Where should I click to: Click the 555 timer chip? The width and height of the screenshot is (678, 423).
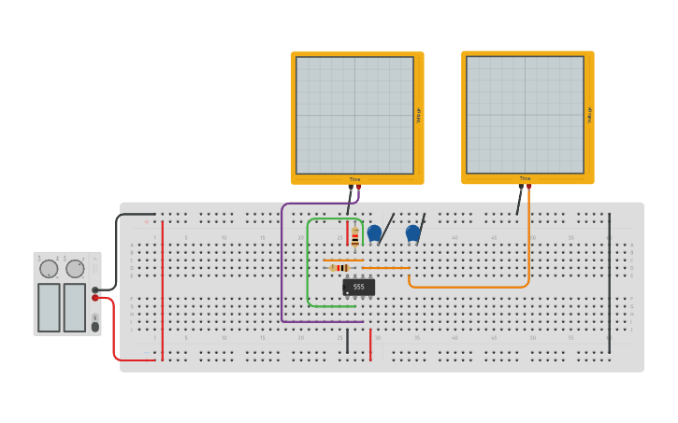[358, 288]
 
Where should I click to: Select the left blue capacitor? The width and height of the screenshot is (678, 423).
[374, 233]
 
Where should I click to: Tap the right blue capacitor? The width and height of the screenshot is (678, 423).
[412, 233]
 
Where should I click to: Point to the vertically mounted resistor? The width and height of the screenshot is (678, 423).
[355, 235]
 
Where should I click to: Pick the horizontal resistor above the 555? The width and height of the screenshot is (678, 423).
[339, 268]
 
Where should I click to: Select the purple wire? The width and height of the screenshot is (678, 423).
[281, 271]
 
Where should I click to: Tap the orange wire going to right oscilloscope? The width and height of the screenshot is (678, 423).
[528, 243]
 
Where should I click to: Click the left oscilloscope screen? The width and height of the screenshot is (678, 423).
[354, 115]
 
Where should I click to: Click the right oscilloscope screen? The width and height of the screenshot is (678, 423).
[525, 115]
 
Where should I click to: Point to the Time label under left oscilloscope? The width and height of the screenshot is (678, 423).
[354, 179]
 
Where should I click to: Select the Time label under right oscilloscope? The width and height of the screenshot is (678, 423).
[525, 178]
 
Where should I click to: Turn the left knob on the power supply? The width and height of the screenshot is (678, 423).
[49, 269]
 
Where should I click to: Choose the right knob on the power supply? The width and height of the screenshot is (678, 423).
[75, 269]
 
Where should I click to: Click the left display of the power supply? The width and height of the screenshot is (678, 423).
[49, 307]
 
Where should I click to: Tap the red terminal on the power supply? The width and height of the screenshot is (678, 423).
[95, 298]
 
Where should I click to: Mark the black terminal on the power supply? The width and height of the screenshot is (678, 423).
[95, 289]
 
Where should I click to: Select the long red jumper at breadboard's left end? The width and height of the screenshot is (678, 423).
[163, 289]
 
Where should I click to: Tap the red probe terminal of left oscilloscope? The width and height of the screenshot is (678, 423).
[358, 188]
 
